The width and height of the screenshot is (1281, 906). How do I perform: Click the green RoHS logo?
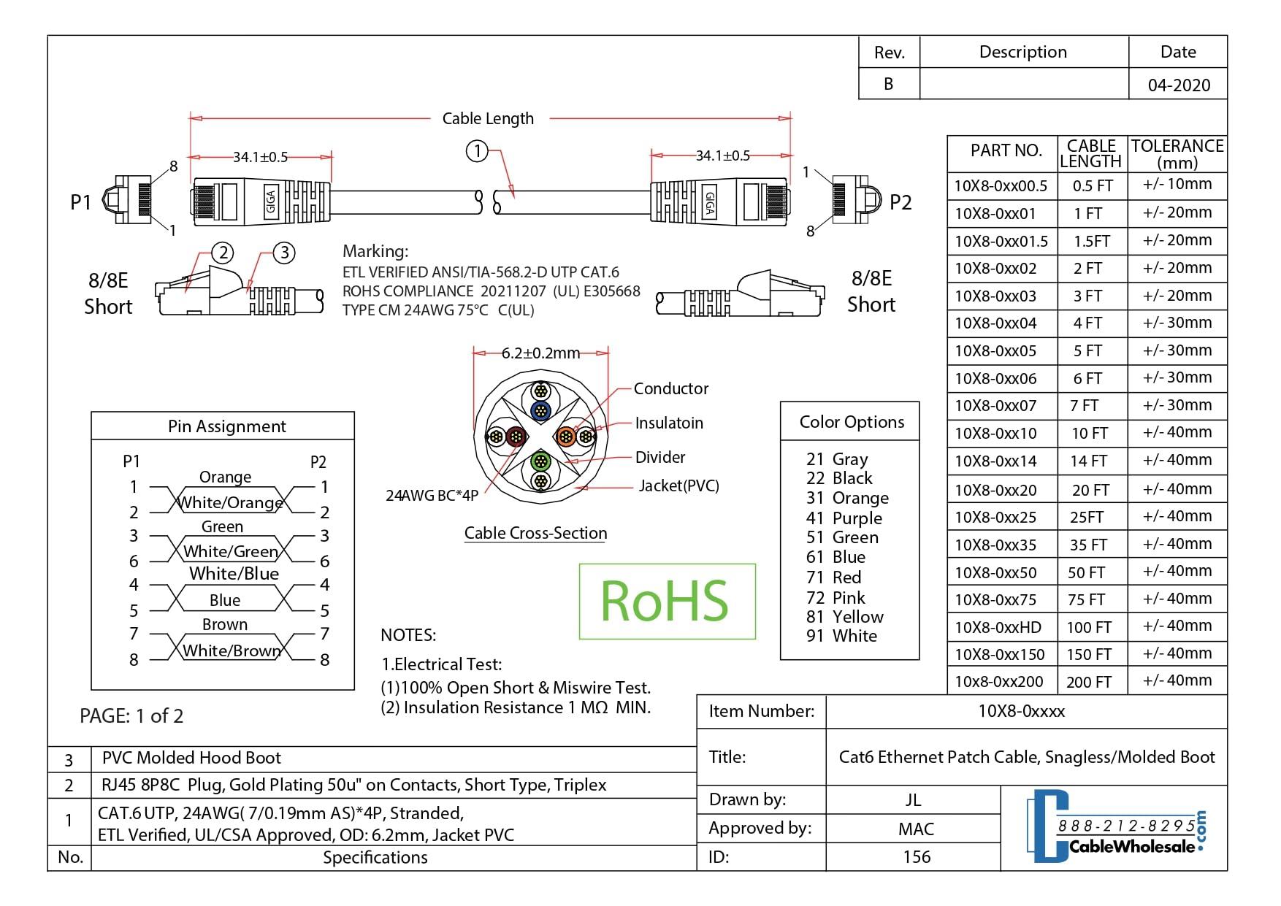666,601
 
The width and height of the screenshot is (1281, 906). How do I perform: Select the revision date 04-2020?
1178,85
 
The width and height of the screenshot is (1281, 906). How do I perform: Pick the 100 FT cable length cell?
1088,627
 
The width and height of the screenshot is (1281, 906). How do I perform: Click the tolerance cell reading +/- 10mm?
1177,185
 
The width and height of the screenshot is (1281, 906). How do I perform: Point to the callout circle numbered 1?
477,152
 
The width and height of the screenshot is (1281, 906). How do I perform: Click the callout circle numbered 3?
284,253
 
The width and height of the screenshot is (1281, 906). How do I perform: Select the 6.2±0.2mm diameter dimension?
540,353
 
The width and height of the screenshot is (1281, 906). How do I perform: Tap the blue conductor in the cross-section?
540,410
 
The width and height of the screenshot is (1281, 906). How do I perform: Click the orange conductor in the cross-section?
566,437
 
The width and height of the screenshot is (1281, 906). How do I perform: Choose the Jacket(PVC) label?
678,485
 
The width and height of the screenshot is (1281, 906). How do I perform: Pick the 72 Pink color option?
835,597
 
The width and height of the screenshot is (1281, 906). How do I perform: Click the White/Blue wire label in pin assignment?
234,574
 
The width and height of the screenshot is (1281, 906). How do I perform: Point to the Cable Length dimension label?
488,118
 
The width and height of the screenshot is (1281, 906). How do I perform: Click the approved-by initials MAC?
915,829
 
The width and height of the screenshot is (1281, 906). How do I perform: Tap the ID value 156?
916,856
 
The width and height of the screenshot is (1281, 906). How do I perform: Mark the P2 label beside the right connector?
900,202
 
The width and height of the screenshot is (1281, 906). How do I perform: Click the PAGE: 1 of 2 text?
131,715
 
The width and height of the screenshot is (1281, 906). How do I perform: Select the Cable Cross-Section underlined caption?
535,533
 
